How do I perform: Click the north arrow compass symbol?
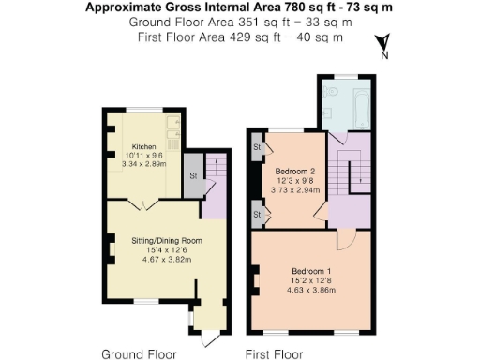pos(382,44)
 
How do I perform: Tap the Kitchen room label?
pos(143,147)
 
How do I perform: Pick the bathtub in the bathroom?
pos(359,107)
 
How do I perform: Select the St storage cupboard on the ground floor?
pos(191,176)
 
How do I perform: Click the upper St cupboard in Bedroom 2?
pos(257,148)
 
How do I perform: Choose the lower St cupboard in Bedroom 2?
pos(257,215)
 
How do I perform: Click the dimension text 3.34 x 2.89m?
pos(143,165)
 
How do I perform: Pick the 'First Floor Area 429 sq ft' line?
pos(240,37)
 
